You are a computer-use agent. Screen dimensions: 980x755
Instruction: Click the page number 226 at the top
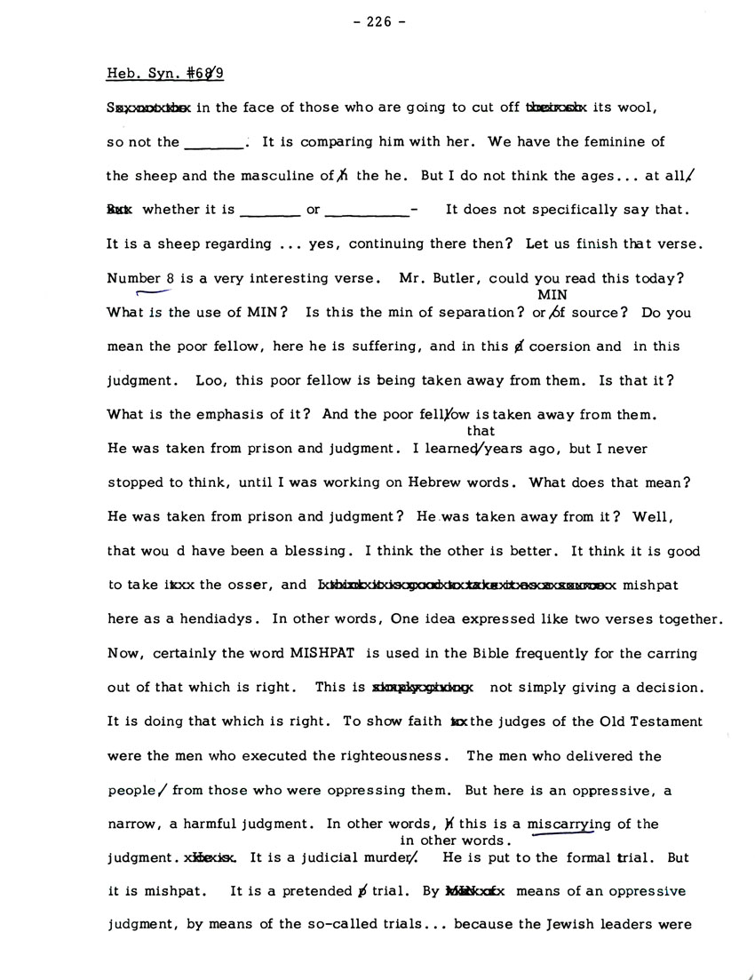tap(377, 24)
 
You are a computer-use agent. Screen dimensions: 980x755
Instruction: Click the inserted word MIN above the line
tap(552, 295)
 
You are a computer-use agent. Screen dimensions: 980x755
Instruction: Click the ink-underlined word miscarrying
tap(569, 824)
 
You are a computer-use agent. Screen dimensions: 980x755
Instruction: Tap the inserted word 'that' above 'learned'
tap(480, 431)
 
